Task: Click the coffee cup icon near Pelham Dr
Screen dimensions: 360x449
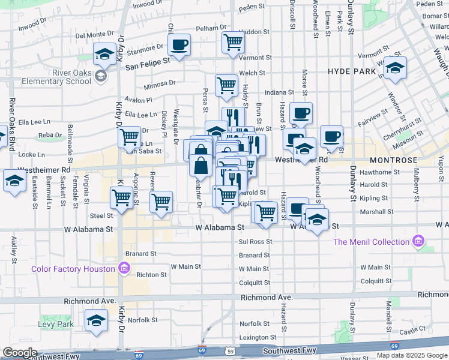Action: tap(179, 44)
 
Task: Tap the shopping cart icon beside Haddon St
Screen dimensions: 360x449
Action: tap(233, 41)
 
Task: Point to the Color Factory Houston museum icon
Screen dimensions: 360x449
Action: tap(124, 267)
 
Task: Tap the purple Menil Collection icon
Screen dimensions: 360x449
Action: tap(418, 242)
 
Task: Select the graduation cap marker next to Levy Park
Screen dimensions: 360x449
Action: tap(95, 321)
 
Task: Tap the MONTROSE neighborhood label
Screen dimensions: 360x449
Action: tap(393, 161)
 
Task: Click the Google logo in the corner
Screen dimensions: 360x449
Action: tap(20, 353)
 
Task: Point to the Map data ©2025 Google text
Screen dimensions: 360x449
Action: tap(412, 355)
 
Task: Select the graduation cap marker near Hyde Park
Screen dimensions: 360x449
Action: tap(395, 68)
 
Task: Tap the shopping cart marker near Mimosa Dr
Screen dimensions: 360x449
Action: tap(226, 85)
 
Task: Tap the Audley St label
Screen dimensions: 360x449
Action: tap(13, 249)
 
